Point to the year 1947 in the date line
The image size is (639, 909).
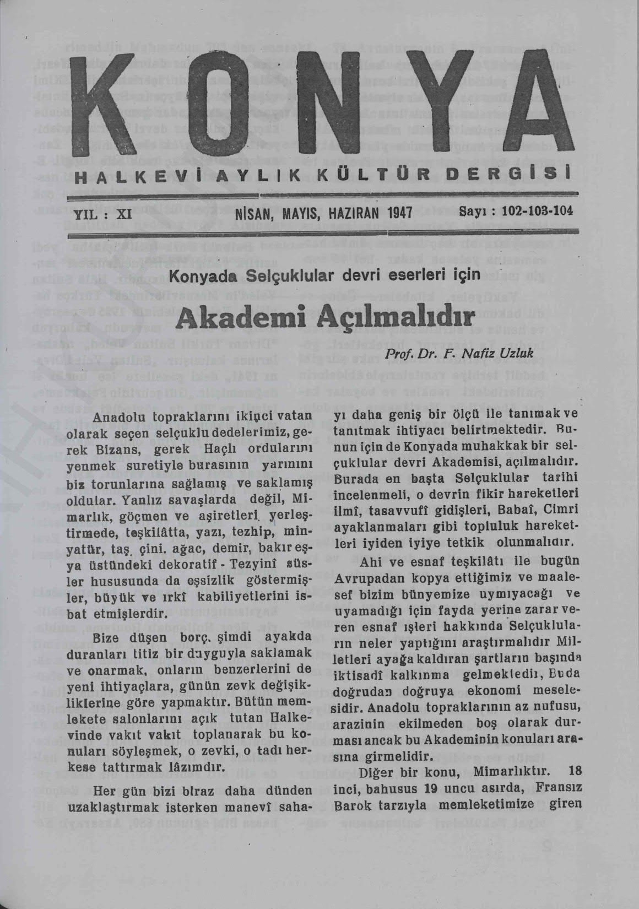tap(398, 213)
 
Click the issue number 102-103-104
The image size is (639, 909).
tap(538, 211)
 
